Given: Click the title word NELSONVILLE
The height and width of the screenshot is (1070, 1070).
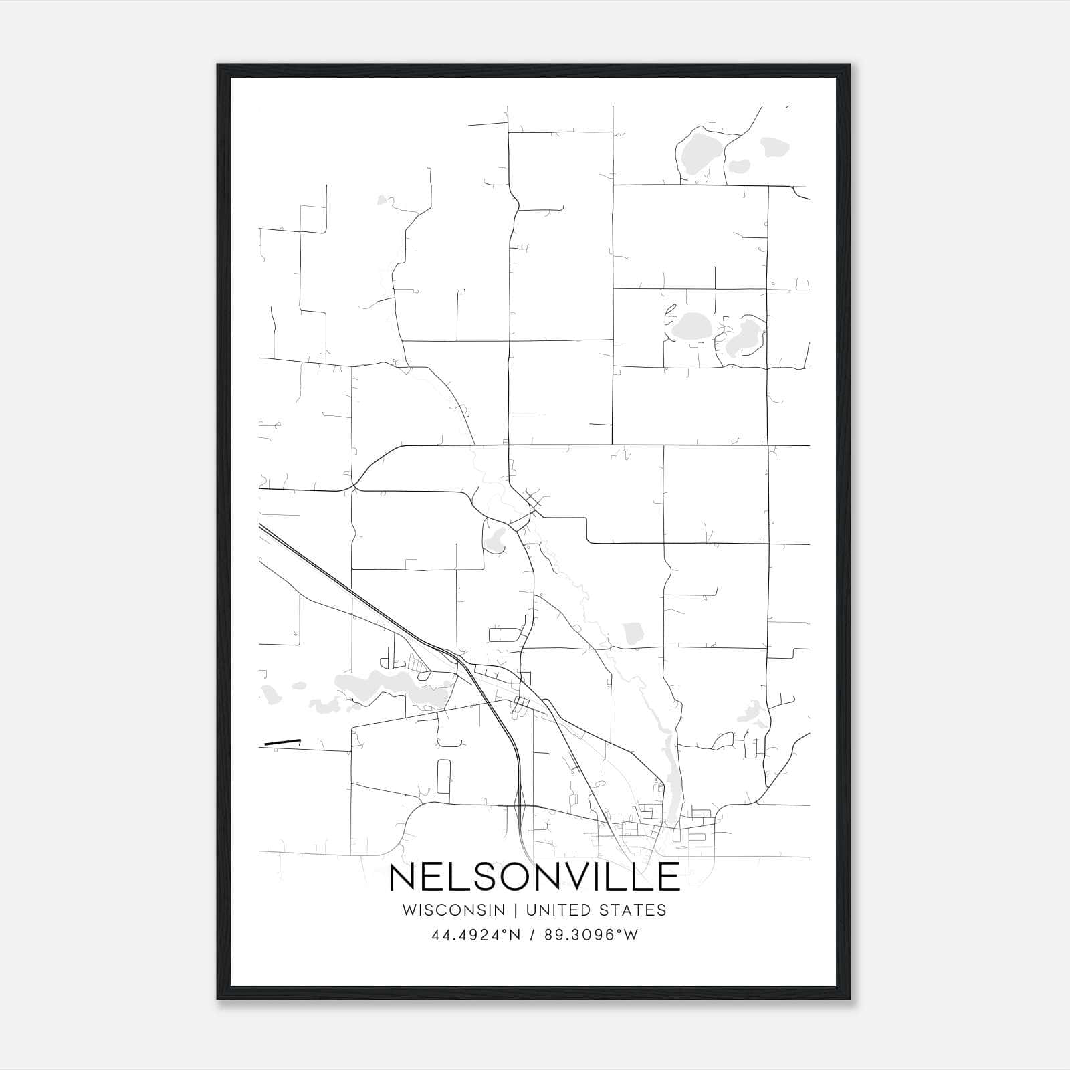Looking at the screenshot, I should [534, 877].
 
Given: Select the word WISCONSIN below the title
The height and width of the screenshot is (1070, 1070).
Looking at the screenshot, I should [458, 910].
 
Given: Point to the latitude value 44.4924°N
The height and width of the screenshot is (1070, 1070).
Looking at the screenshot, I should [476, 935].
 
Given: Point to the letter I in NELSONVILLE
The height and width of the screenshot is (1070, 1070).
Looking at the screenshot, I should [604, 877].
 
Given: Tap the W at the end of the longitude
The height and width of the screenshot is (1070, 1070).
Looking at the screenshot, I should [631, 935].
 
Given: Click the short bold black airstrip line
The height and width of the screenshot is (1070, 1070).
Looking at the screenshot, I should [282, 742].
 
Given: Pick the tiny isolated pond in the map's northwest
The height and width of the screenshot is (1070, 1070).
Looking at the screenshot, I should [383, 199].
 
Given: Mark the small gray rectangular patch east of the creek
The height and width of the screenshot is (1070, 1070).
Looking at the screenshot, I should [632, 633].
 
